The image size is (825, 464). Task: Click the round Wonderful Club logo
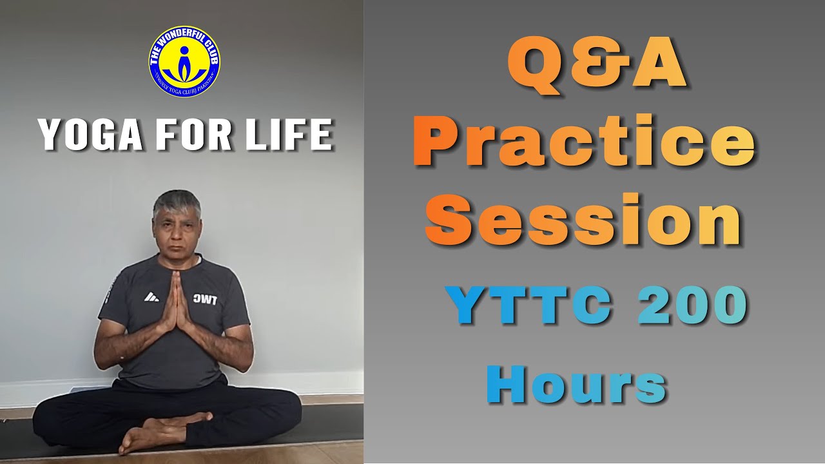(x=184, y=61)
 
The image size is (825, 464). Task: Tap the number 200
(x=692, y=307)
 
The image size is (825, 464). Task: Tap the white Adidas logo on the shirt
(x=151, y=297)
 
